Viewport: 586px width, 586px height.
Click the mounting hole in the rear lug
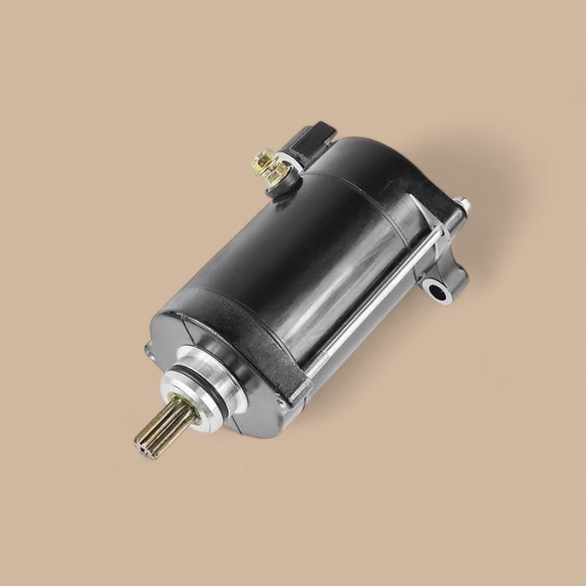pos(435,290)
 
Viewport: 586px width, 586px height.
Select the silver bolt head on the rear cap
pos(460,203)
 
